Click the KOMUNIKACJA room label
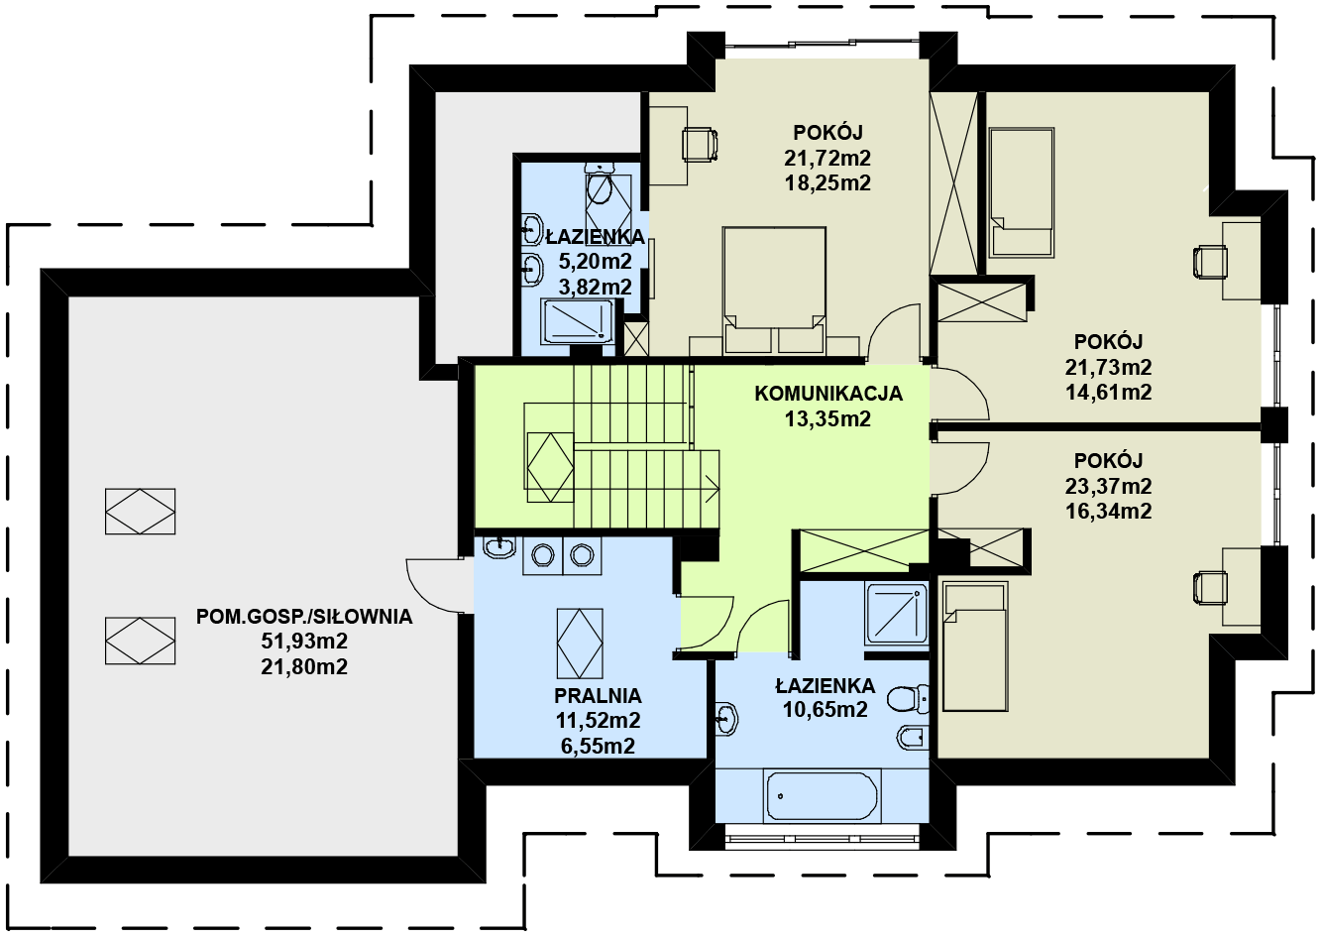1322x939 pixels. tap(828, 394)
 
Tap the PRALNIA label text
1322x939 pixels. tap(598, 696)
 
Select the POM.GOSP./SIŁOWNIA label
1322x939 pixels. tap(304, 617)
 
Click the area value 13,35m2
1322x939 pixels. tap(827, 419)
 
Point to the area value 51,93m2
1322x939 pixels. tap(304, 641)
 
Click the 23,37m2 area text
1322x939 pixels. tap(1108, 486)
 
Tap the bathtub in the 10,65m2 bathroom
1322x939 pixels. tap(822, 795)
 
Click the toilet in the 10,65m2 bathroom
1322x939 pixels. tap(908, 700)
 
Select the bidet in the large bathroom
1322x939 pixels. tap(913, 738)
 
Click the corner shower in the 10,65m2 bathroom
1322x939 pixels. tap(896, 613)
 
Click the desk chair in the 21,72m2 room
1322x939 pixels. tap(700, 145)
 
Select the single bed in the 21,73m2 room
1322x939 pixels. tap(1022, 192)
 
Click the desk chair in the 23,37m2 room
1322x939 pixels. tap(1210, 588)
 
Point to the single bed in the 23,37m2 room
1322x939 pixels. tap(974, 646)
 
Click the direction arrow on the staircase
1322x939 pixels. tap(712, 489)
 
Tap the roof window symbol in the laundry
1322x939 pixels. tap(580, 644)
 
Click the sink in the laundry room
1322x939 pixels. tap(499, 547)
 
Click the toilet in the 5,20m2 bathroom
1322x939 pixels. tap(599, 184)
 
